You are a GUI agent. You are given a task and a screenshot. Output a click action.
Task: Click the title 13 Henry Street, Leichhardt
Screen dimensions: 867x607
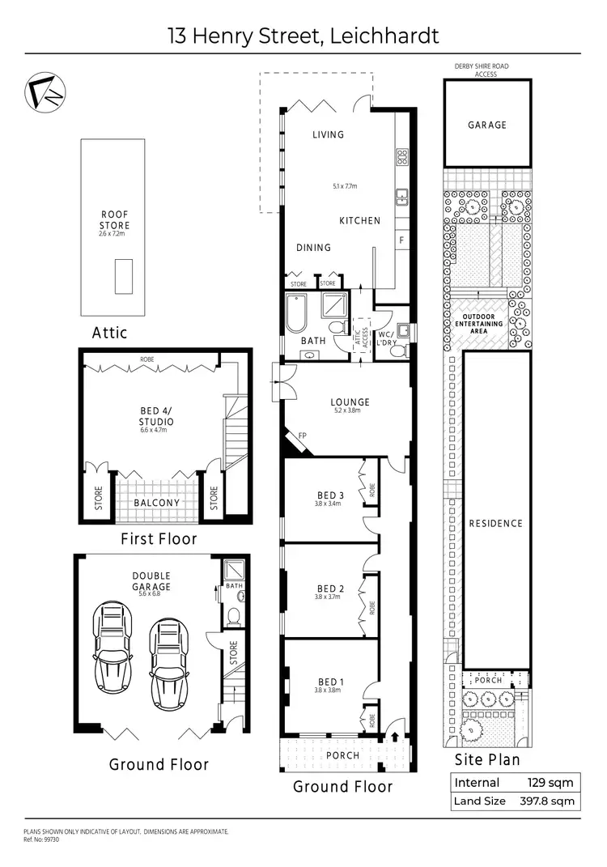(x=303, y=36)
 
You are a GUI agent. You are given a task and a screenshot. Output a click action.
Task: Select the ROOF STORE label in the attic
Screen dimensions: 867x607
(x=114, y=220)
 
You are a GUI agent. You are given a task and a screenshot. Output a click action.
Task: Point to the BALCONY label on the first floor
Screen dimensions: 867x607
(x=157, y=503)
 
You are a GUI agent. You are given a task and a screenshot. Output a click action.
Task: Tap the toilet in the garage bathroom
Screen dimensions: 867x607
(x=234, y=617)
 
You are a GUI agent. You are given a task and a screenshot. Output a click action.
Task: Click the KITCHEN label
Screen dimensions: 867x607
(x=359, y=221)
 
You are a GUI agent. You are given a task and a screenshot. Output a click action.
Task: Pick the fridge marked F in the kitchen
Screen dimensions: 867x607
(x=401, y=240)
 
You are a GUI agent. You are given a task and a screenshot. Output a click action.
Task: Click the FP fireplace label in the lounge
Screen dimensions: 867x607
(x=303, y=436)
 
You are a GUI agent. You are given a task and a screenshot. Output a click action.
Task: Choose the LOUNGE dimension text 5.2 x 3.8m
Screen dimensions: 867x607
(x=350, y=411)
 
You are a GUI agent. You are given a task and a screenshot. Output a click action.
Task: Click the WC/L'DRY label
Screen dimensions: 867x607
(x=385, y=338)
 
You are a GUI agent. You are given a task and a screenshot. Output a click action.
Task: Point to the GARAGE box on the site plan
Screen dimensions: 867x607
(x=487, y=125)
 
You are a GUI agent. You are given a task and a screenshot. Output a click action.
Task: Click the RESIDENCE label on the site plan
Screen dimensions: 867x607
(x=496, y=524)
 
